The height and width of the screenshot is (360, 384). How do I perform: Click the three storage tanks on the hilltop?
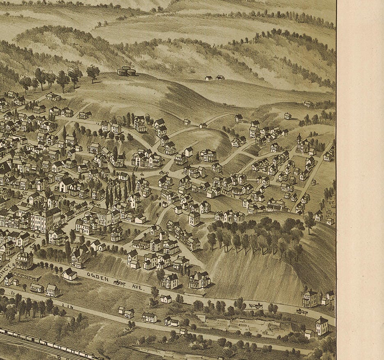coord(127,71)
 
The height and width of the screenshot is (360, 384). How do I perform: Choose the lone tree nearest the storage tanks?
coord(93,73)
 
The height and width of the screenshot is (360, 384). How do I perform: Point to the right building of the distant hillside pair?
coord(220,78)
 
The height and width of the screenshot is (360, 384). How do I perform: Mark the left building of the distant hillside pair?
coord(209,78)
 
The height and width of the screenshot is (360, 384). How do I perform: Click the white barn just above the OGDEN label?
coord(69,274)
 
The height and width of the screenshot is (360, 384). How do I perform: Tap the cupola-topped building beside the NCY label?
coord(24,259)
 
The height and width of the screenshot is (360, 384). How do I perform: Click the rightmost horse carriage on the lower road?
coord(302,312)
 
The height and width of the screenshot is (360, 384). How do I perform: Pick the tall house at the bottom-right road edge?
coord(322,326)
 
